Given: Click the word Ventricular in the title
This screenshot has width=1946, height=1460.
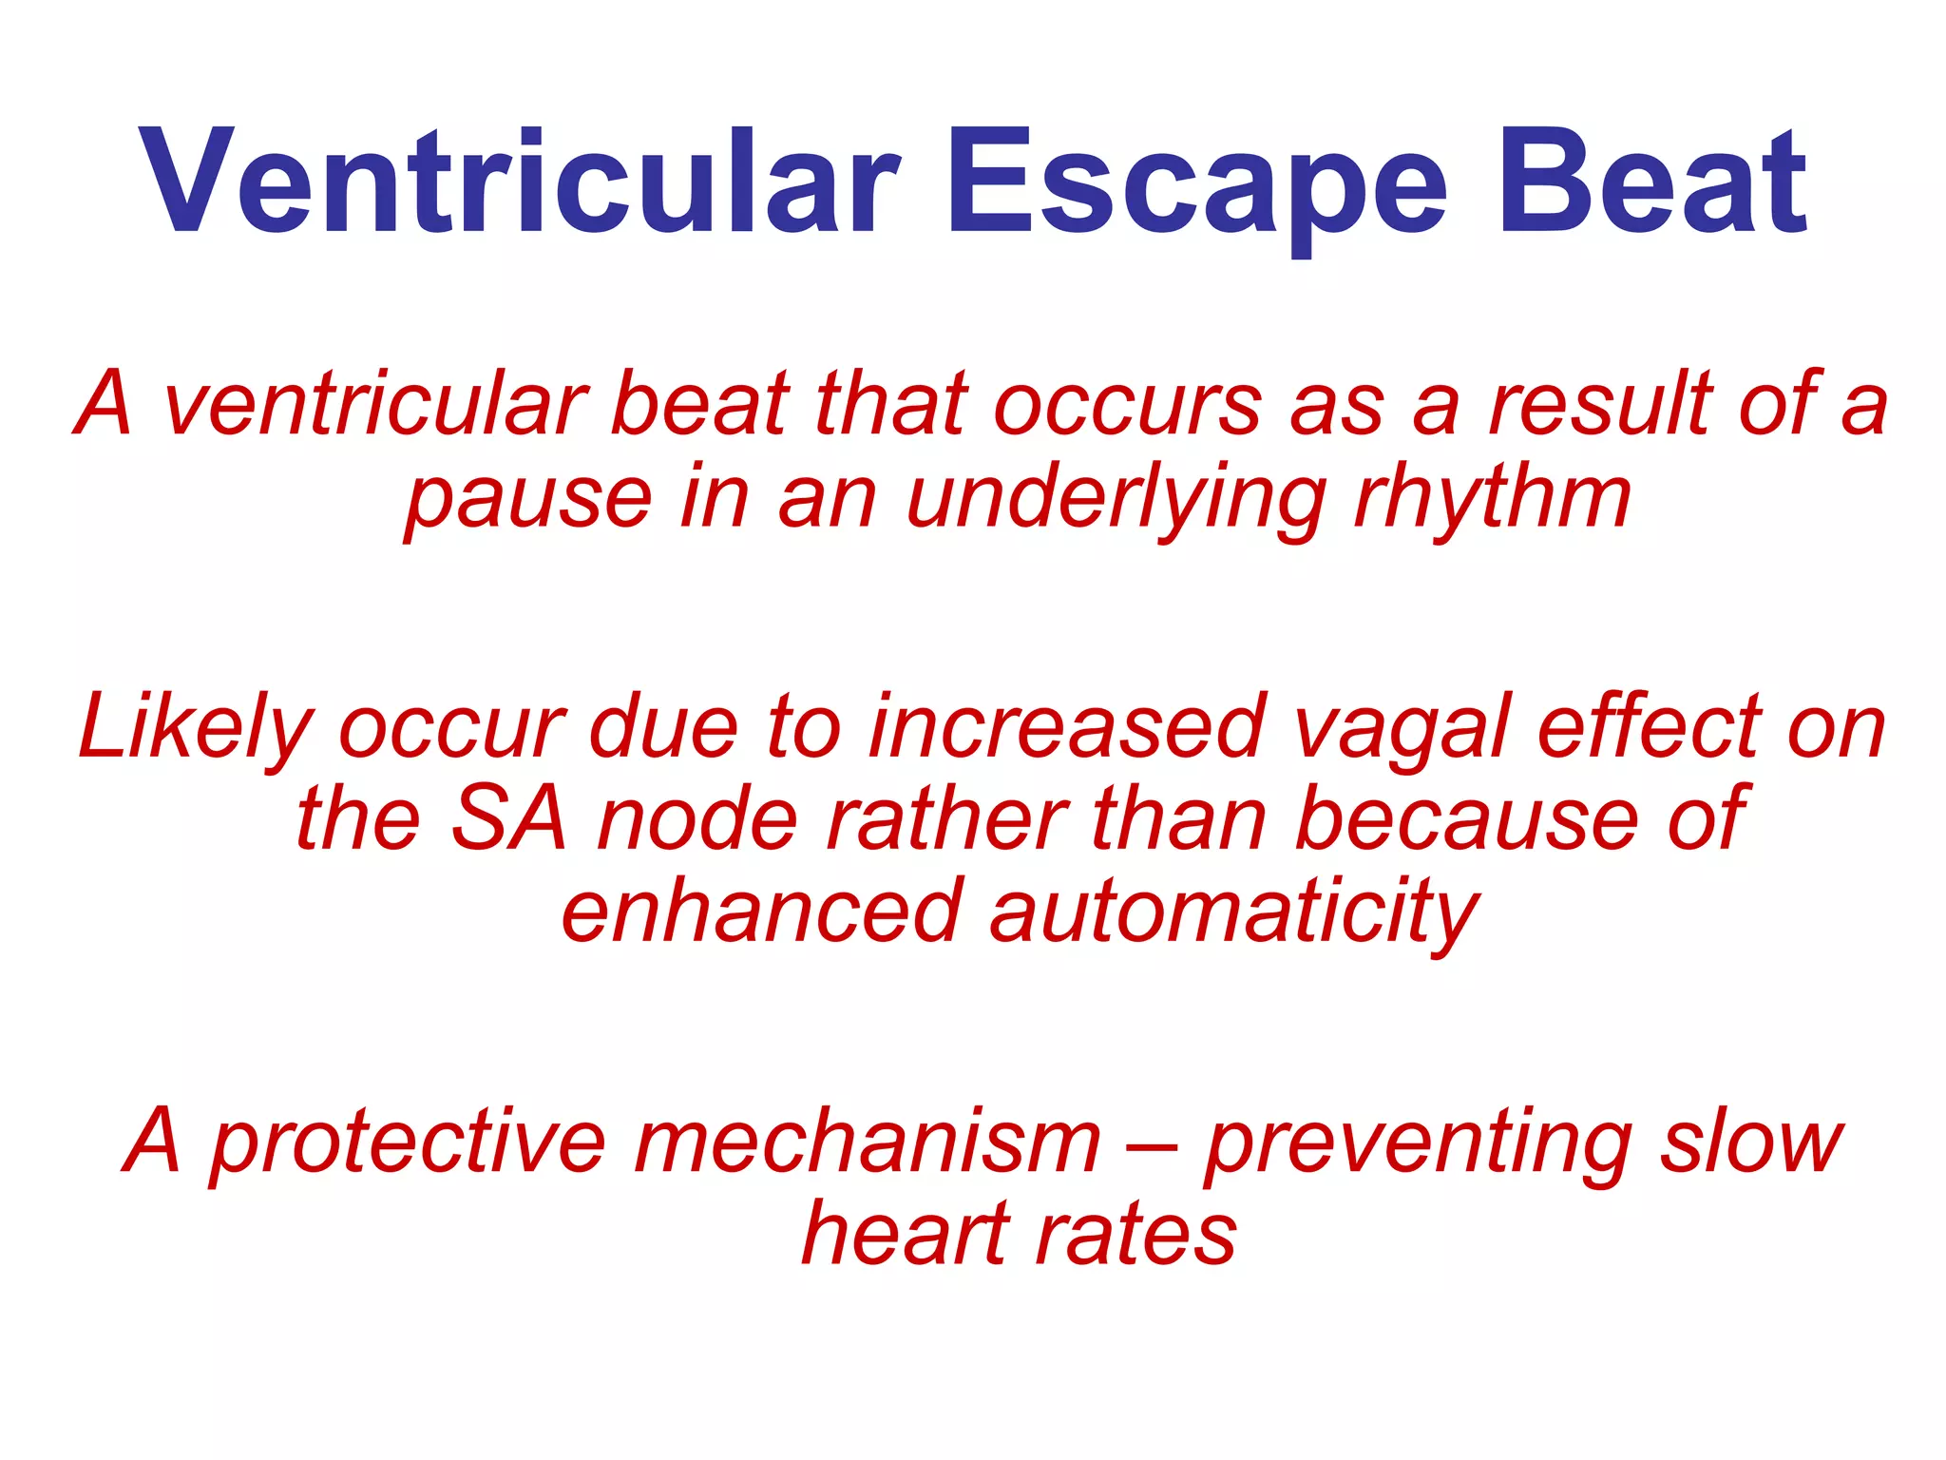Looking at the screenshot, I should pyautogui.click(x=518, y=182).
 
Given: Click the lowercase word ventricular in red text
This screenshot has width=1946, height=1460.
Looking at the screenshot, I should pyautogui.click(x=375, y=405).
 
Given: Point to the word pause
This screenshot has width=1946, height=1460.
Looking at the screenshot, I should pyautogui.click(x=528, y=500).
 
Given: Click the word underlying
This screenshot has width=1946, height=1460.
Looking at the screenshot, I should pyautogui.click(x=1116, y=500).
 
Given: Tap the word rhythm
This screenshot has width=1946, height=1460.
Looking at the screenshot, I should pyautogui.click(x=1492, y=500).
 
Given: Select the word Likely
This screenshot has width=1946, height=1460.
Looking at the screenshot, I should pyautogui.click(x=195, y=728).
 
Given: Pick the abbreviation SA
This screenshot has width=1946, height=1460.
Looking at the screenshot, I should pyautogui.click(x=508, y=819).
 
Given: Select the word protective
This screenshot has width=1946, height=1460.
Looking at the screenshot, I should pyautogui.click(x=409, y=1143).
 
